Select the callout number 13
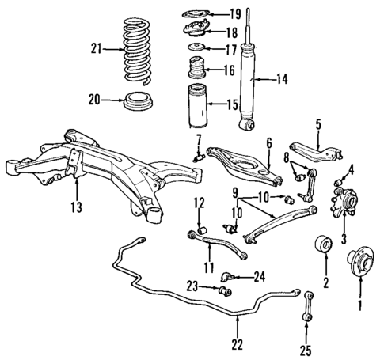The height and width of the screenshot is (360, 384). tap(77, 208)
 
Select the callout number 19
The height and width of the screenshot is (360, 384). tap(234, 13)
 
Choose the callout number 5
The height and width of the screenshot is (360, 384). tap(318, 123)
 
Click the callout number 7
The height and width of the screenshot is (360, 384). tap(199, 140)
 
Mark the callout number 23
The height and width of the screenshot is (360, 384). tap(192, 286)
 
